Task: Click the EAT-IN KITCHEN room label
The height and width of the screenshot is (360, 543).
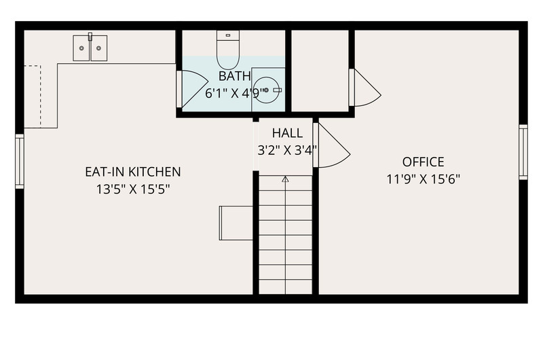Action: click(133, 172)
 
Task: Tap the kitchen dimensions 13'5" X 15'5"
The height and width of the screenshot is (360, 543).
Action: click(133, 190)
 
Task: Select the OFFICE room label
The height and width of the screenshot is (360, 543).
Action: click(423, 162)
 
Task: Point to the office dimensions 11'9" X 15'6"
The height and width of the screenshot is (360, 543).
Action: click(423, 179)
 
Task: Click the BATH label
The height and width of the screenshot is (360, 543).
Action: click(234, 75)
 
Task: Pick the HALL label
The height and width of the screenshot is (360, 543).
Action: click(287, 132)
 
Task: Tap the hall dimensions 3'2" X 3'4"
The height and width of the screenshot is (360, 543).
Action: click(287, 150)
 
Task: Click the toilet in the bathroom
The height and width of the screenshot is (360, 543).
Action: click(228, 50)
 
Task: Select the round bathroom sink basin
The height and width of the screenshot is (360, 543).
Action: click(266, 90)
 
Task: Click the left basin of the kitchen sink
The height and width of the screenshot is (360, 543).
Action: click(81, 48)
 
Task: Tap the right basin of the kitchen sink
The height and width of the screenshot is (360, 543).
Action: click(98, 48)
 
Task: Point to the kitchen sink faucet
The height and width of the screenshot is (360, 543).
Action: click(90, 37)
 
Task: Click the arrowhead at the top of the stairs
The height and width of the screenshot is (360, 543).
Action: click(285, 179)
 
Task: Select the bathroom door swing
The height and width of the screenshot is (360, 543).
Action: click(195, 89)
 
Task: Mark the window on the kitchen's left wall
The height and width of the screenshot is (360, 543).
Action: click(20, 162)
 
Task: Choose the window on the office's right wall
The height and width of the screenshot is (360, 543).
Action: click(523, 152)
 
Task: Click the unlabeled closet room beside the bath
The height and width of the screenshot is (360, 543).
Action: click(320, 71)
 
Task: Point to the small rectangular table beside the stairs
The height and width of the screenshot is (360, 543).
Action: click(236, 223)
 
